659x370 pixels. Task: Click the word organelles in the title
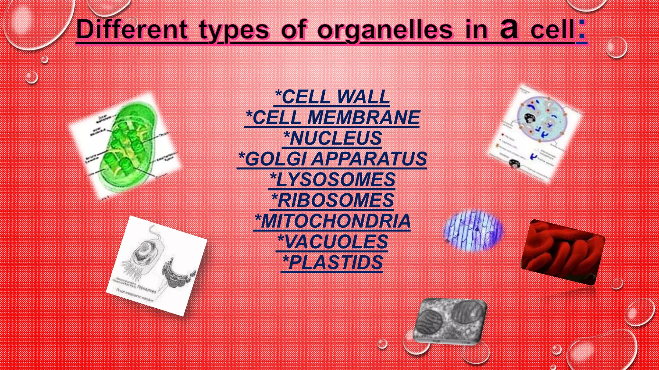pos(385,31)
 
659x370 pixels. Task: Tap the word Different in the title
pos(132,30)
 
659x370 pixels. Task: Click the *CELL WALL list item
pos(332,97)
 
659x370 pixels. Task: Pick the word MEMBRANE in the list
pos(364,118)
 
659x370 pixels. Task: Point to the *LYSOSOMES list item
pos(332,180)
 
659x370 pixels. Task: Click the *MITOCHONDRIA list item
pos(332,221)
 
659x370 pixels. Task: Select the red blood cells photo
pos(562,252)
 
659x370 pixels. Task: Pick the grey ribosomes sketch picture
pos(157,265)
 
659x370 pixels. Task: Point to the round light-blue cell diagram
pos(536,133)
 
